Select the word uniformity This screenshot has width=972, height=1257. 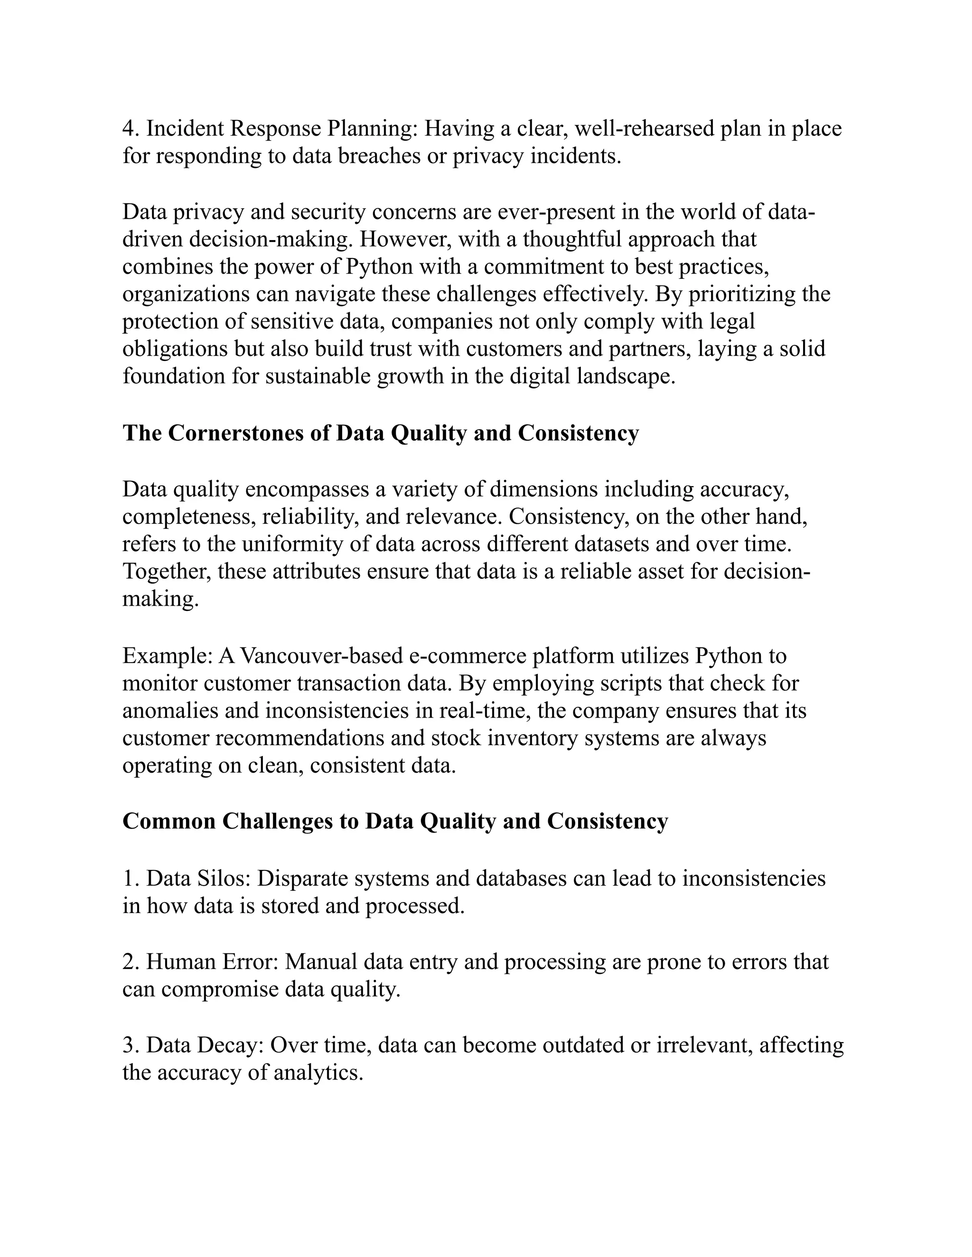pos(288,544)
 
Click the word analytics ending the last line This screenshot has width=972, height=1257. pos(318,1072)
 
